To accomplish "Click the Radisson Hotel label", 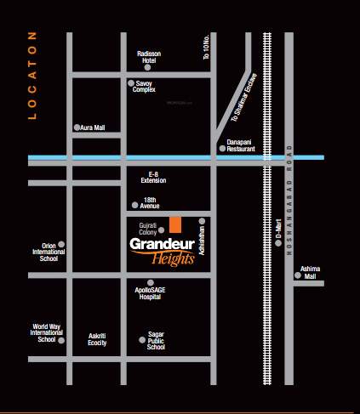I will point(148,57).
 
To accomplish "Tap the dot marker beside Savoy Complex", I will point(130,83).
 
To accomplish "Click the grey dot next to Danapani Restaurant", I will point(222,149).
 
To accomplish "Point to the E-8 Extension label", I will point(153,178).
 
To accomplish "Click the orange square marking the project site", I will point(174,224).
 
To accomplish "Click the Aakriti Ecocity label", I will point(97,340).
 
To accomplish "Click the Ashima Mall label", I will point(310,269).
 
